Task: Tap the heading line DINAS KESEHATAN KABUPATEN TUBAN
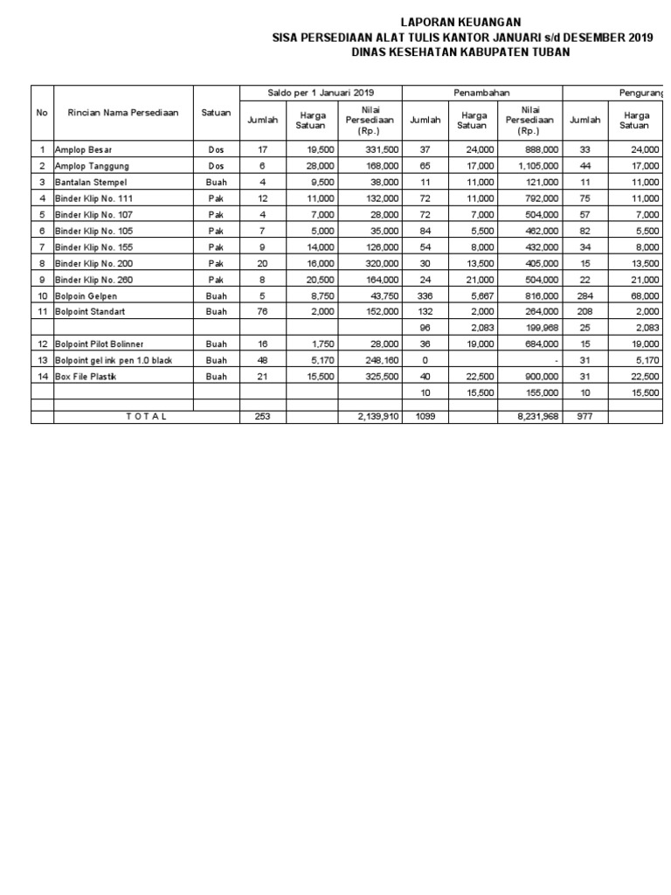click(x=460, y=52)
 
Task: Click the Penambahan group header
click(x=481, y=93)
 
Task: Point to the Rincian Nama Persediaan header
click(x=123, y=112)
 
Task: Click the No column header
click(x=42, y=112)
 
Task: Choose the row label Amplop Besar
click(x=83, y=150)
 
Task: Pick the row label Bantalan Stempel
click(x=91, y=182)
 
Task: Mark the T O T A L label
click(x=147, y=417)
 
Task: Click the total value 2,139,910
click(x=377, y=417)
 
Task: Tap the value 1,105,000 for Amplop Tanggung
click(x=533, y=166)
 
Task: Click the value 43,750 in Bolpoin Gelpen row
click(x=382, y=295)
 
